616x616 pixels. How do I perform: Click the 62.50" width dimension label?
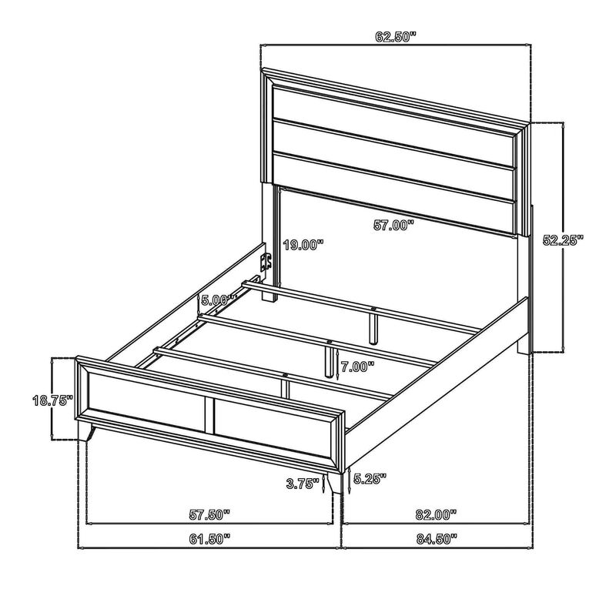[x=395, y=37]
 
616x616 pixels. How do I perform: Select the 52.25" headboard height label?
[x=563, y=239]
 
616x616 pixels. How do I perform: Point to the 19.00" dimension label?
[x=303, y=245]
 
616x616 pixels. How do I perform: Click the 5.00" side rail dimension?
[x=219, y=300]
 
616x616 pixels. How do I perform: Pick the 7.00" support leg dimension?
[x=357, y=367]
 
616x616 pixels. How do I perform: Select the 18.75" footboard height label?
[x=52, y=400]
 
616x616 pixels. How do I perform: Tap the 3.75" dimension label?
[x=303, y=484]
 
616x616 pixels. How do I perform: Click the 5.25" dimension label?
[x=370, y=478]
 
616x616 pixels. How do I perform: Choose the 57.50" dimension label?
[x=209, y=514]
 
